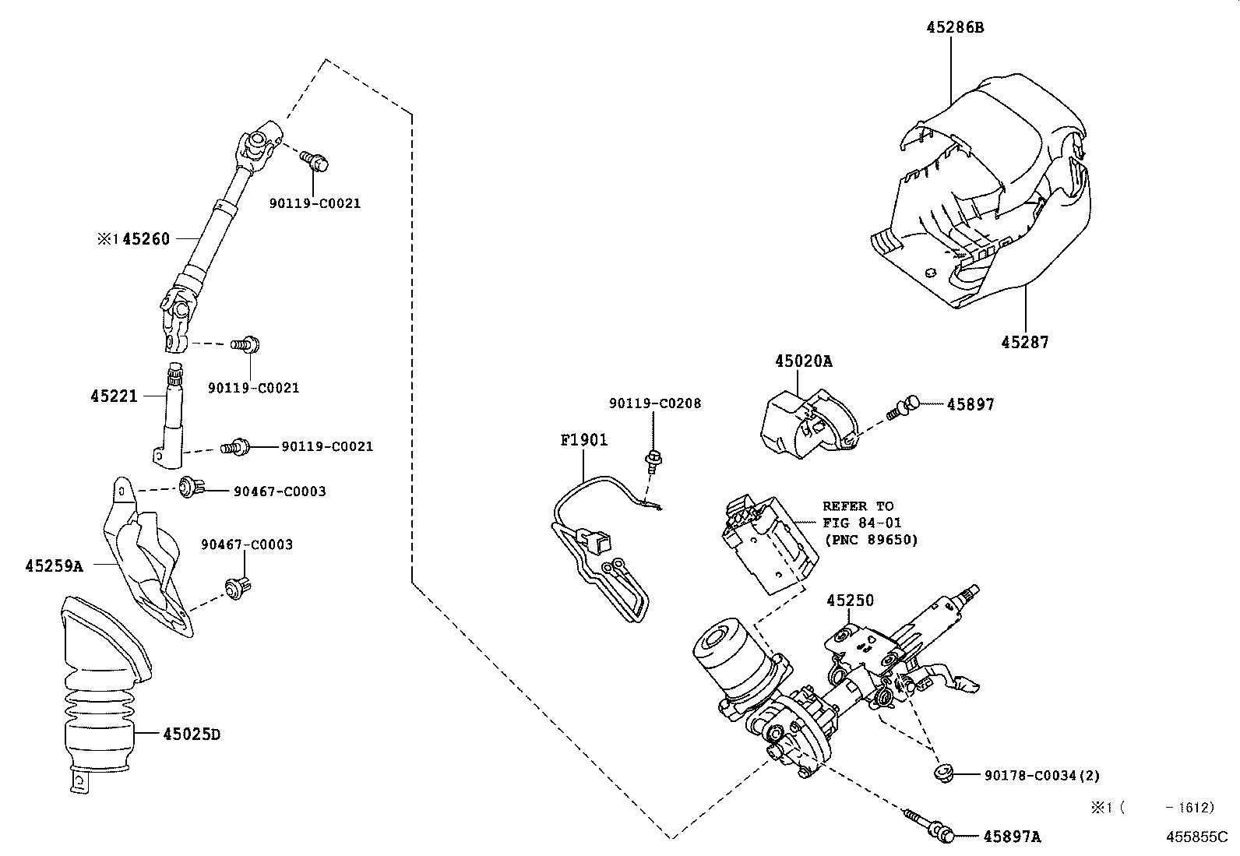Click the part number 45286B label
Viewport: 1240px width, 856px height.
coord(955,27)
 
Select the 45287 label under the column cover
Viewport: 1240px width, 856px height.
coord(1024,342)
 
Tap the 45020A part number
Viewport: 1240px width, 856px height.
coord(803,361)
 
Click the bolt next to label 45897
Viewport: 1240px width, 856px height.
coord(904,407)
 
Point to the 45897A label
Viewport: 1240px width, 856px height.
coord(1012,837)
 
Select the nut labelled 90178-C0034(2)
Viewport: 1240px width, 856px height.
coord(944,774)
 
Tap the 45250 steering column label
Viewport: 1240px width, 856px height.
coord(850,601)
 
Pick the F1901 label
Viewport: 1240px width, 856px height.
coord(584,440)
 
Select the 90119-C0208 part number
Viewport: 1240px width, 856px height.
coord(654,403)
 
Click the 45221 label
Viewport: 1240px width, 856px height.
coord(114,396)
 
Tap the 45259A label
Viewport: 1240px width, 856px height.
coord(54,566)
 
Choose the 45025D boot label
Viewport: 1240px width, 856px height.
coord(192,734)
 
